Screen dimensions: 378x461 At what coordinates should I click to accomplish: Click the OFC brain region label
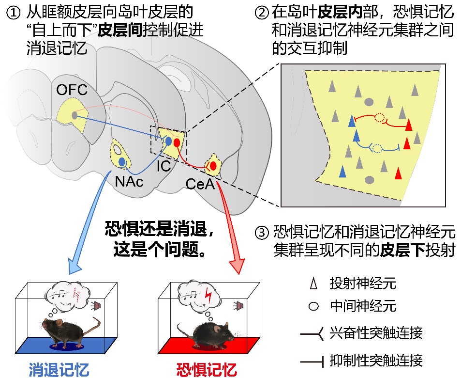coord(72,90)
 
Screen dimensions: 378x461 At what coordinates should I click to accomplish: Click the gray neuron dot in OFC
coord(74,115)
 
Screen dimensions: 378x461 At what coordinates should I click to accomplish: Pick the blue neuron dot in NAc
coord(122,162)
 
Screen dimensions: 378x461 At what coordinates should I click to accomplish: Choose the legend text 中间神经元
coord(363,306)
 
